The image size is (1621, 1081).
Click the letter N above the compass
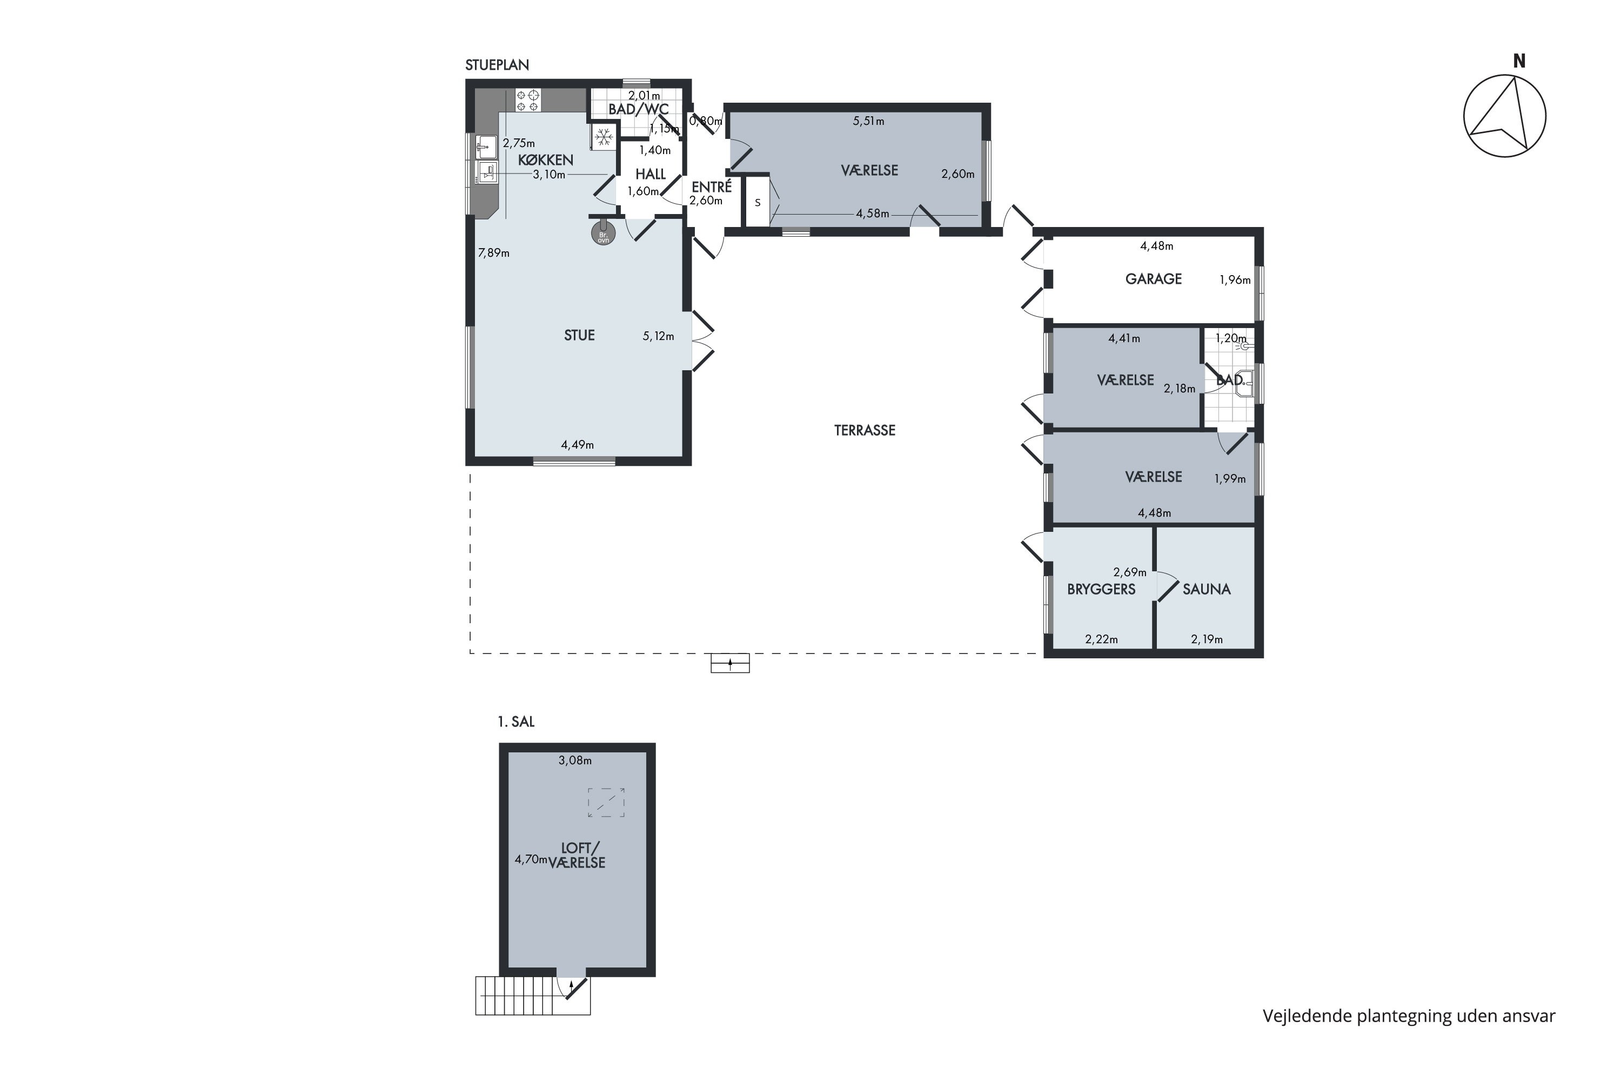[x=1519, y=62]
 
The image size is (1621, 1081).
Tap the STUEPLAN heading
[x=497, y=65]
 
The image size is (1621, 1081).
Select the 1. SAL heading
[x=516, y=722]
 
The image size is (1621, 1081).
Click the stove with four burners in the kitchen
[x=528, y=100]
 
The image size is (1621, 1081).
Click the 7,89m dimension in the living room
[x=493, y=253]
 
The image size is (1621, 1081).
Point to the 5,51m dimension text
[x=868, y=121]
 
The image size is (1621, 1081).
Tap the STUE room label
[x=579, y=335]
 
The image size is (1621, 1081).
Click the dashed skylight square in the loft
[x=606, y=803]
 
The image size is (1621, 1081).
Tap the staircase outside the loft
[x=532, y=995]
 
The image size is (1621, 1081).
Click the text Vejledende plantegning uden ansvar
[x=1409, y=1016]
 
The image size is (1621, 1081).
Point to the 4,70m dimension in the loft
[x=531, y=860]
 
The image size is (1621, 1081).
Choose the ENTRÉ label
[x=711, y=187]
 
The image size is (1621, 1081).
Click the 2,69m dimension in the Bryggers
[x=1130, y=572]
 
